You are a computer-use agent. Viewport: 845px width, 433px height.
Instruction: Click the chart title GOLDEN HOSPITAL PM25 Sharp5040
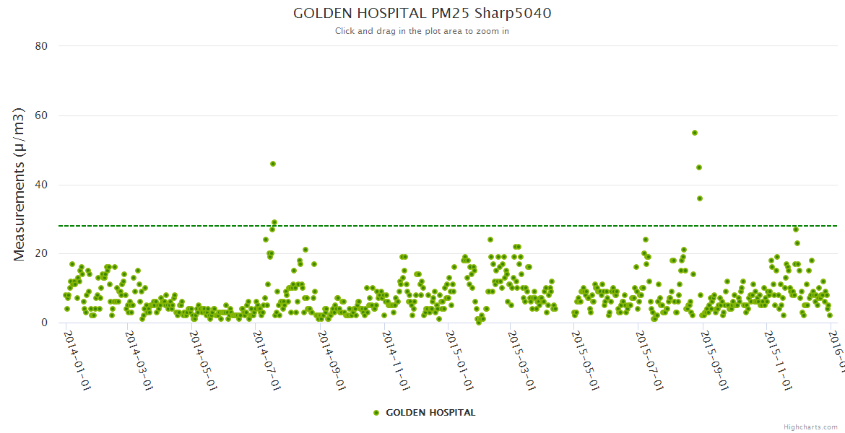tap(422, 13)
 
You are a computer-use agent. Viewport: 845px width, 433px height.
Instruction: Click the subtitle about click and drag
tap(422, 31)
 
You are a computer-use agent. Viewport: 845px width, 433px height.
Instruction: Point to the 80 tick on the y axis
tap(41, 46)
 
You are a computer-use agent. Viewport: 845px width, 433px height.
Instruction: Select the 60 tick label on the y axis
tap(41, 115)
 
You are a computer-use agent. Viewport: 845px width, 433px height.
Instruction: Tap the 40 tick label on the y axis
tap(41, 185)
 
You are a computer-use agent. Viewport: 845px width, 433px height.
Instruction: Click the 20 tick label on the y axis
tap(41, 253)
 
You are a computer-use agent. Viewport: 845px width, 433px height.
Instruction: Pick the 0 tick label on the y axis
tap(44, 323)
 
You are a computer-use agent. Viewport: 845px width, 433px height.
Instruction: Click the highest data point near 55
tap(695, 133)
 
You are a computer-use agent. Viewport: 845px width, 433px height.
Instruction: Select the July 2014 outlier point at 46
tap(273, 164)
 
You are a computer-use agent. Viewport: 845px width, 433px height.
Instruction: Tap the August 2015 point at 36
tap(700, 198)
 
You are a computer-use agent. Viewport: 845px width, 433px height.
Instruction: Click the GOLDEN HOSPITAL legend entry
tap(425, 413)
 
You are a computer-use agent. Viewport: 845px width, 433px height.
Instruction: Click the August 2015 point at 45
tap(699, 167)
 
